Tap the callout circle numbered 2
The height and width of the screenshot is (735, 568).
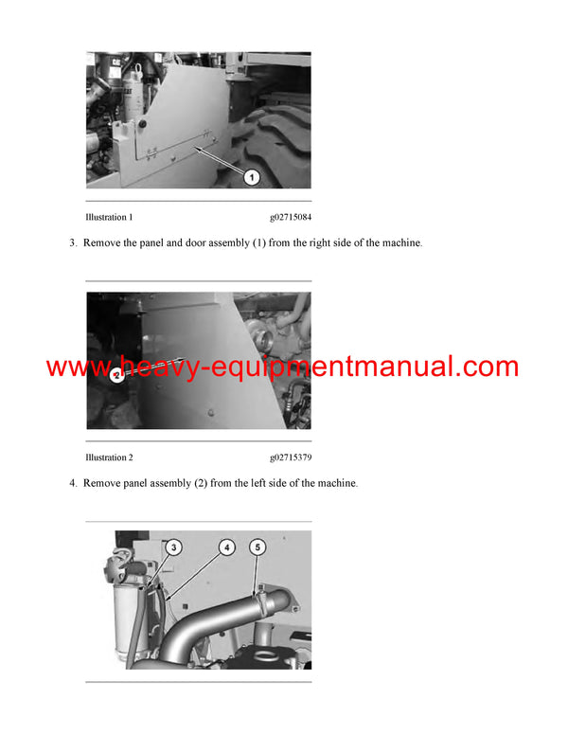coord(115,375)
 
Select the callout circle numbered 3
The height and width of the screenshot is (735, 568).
coord(173,547)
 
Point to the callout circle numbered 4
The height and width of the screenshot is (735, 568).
coord(226,547)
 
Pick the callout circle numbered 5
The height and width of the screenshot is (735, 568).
coord(258,547)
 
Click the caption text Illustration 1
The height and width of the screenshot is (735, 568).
coord(109,217)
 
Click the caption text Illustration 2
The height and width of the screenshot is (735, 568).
coord(109,457)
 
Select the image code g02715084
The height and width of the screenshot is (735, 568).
coord(291,217)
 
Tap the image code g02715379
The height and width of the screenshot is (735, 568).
coord(291,457)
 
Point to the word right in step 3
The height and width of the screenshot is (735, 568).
coord(309,243)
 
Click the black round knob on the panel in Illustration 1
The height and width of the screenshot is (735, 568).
coord(139,123)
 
